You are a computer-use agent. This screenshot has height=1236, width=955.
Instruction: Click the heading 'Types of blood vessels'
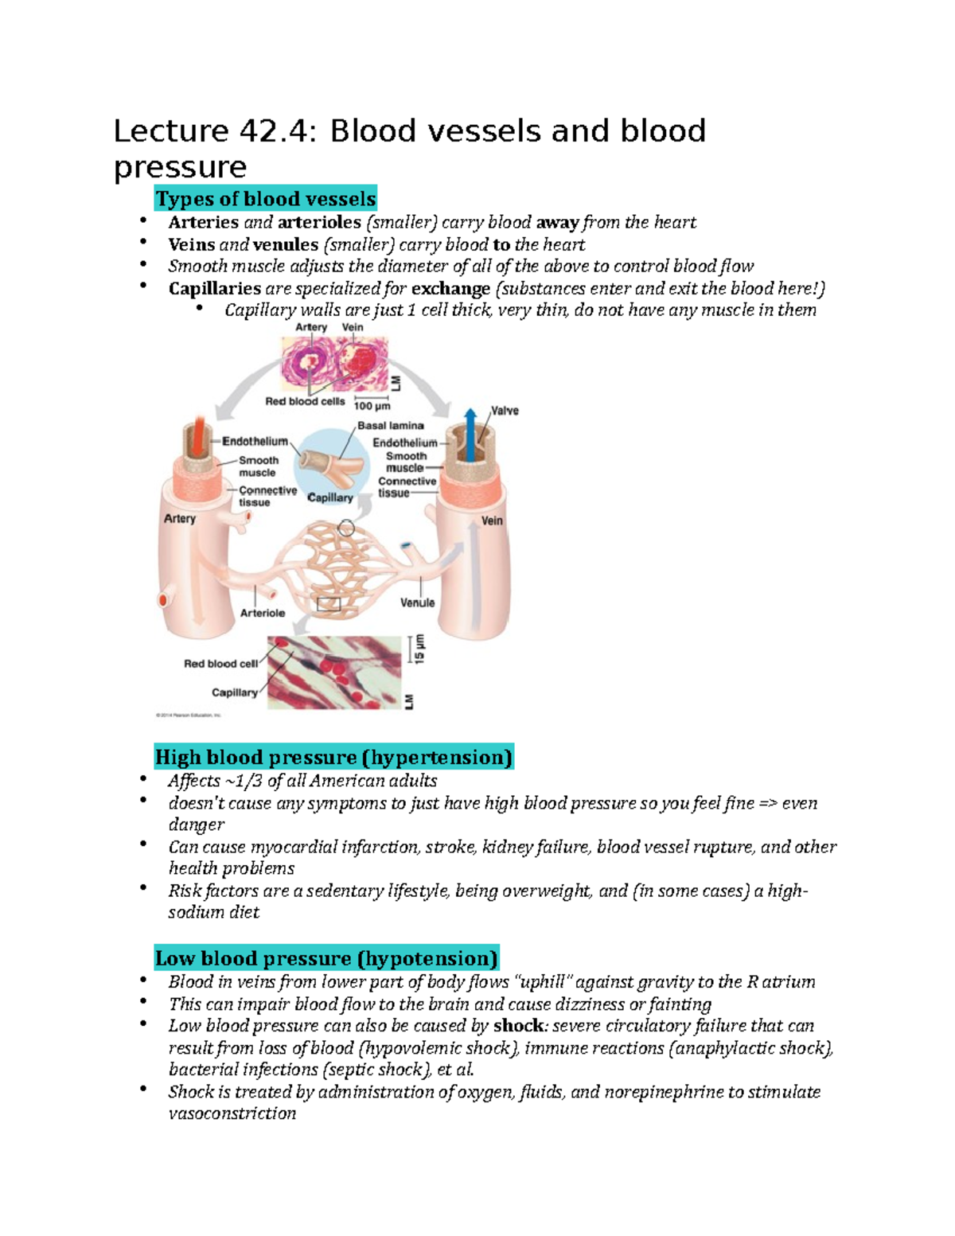coord(265,198)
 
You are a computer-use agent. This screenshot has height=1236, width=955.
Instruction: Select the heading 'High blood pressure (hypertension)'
coord(333,757)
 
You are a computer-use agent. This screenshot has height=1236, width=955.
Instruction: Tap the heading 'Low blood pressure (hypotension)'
coord(326,958)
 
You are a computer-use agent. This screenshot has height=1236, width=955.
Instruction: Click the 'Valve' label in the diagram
coord(505,411)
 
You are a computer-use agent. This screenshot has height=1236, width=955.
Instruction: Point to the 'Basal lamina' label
coord(390,426)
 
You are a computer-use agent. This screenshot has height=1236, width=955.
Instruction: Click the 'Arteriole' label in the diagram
coord(263,613)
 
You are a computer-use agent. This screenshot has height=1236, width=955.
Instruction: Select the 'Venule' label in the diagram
coord(417,602)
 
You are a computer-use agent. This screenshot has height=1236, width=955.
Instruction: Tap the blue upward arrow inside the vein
coord(470,434)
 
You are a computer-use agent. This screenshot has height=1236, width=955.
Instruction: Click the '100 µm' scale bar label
coord(372,406)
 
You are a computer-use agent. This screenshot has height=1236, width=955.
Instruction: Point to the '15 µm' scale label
coord(419,649)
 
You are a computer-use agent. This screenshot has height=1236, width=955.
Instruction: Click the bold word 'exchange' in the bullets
coord(450,288)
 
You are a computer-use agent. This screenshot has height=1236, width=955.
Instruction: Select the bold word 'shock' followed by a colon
coord(518,1025)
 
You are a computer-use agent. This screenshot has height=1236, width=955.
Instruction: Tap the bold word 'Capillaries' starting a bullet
coord(214,288)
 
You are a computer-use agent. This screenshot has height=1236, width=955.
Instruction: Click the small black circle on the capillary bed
coord(346,528)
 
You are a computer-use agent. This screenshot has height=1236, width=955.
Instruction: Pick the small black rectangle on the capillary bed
coord(329,605)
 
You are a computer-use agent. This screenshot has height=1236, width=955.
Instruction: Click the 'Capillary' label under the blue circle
coord(330,497)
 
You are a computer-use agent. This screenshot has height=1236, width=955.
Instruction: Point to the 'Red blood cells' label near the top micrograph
coord(305,401)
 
